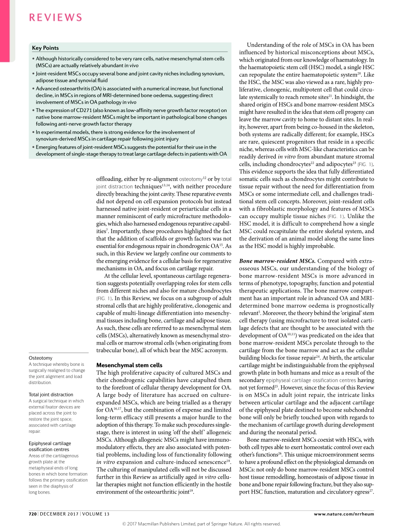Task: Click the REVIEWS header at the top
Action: tap(56, 17)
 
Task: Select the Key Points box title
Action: tap(45, 48)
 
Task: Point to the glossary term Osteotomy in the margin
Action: tap(41, 358)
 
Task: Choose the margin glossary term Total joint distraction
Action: tap(51, 395)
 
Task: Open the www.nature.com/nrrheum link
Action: tap(344, 514)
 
